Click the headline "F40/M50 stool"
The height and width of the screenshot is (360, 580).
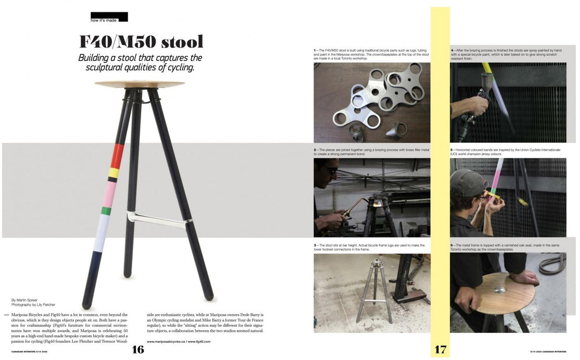[x=141, y=42]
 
